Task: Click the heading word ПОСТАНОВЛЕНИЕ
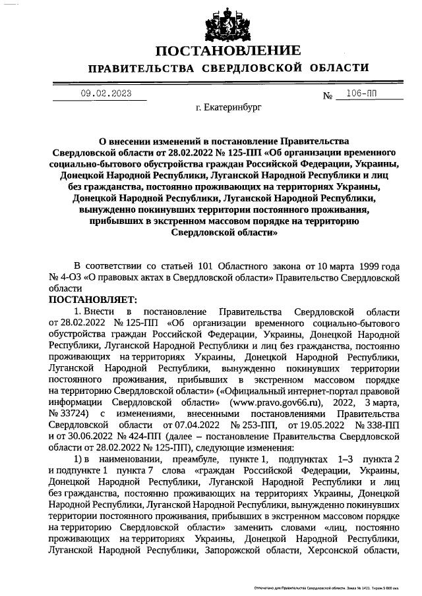228,51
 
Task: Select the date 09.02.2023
102,94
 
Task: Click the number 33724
76,412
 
